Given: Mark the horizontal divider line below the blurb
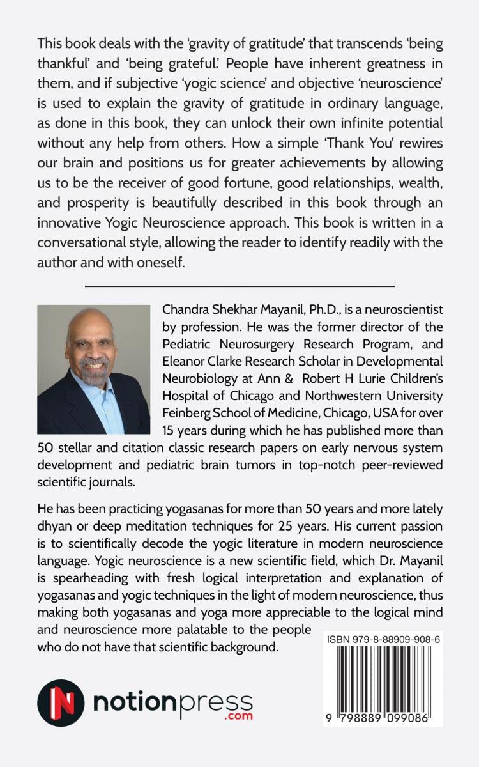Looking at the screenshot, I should point(240,286).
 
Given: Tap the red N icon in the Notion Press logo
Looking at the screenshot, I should point(61,703).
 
